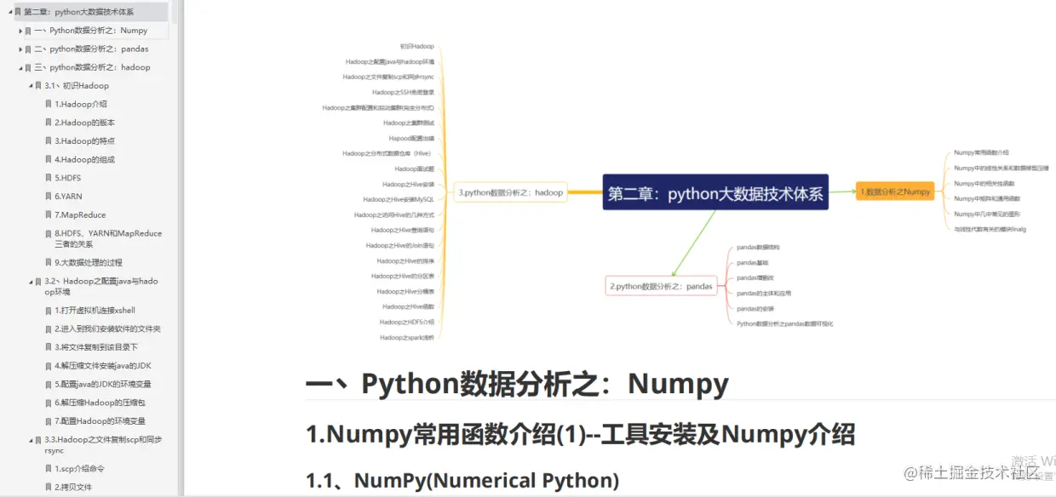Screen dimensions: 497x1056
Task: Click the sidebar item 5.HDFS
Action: coord(69,178)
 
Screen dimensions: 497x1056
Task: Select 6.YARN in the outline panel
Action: coord(68,197)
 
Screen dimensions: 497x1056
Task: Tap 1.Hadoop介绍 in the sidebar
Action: coord(81,105)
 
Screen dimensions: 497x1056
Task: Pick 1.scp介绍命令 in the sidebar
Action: coord(80,469)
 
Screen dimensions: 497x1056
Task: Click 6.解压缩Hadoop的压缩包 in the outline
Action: coord(100,403)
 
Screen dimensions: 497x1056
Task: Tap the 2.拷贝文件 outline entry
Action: coord(73,488)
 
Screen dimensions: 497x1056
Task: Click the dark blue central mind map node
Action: coord(715,193)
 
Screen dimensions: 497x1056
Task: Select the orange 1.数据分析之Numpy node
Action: coord(895,192)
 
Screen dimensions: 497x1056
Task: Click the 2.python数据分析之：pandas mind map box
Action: coord(661,287)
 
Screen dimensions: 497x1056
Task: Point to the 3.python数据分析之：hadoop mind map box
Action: coord(511,192)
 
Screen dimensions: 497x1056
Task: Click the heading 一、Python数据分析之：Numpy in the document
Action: coord(517,385)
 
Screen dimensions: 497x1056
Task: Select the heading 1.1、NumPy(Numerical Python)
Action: coord(462,481)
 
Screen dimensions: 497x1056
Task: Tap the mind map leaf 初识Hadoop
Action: coord(417,46)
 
